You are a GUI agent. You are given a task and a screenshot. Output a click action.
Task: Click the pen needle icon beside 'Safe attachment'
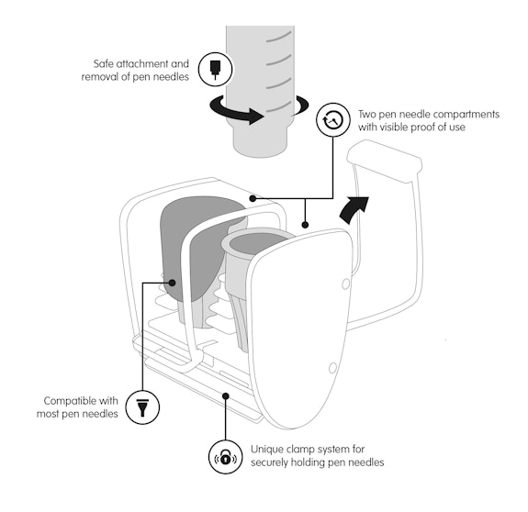215,70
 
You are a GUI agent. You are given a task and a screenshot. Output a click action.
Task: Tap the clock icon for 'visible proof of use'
333,120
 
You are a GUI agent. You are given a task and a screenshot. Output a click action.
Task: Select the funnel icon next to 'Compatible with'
142,406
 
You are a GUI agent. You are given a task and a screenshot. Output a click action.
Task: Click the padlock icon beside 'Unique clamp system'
225,457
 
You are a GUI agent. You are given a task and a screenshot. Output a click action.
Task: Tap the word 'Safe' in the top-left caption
104,63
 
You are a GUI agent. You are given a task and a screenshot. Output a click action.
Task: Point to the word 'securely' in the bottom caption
269,462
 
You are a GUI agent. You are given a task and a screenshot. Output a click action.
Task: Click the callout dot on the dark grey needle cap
172,283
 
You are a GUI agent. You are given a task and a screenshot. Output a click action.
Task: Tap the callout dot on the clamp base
226,396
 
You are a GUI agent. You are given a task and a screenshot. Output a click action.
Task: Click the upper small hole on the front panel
345,284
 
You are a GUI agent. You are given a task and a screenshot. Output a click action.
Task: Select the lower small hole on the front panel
332,368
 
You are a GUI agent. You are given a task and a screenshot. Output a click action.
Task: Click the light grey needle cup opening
256,243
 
